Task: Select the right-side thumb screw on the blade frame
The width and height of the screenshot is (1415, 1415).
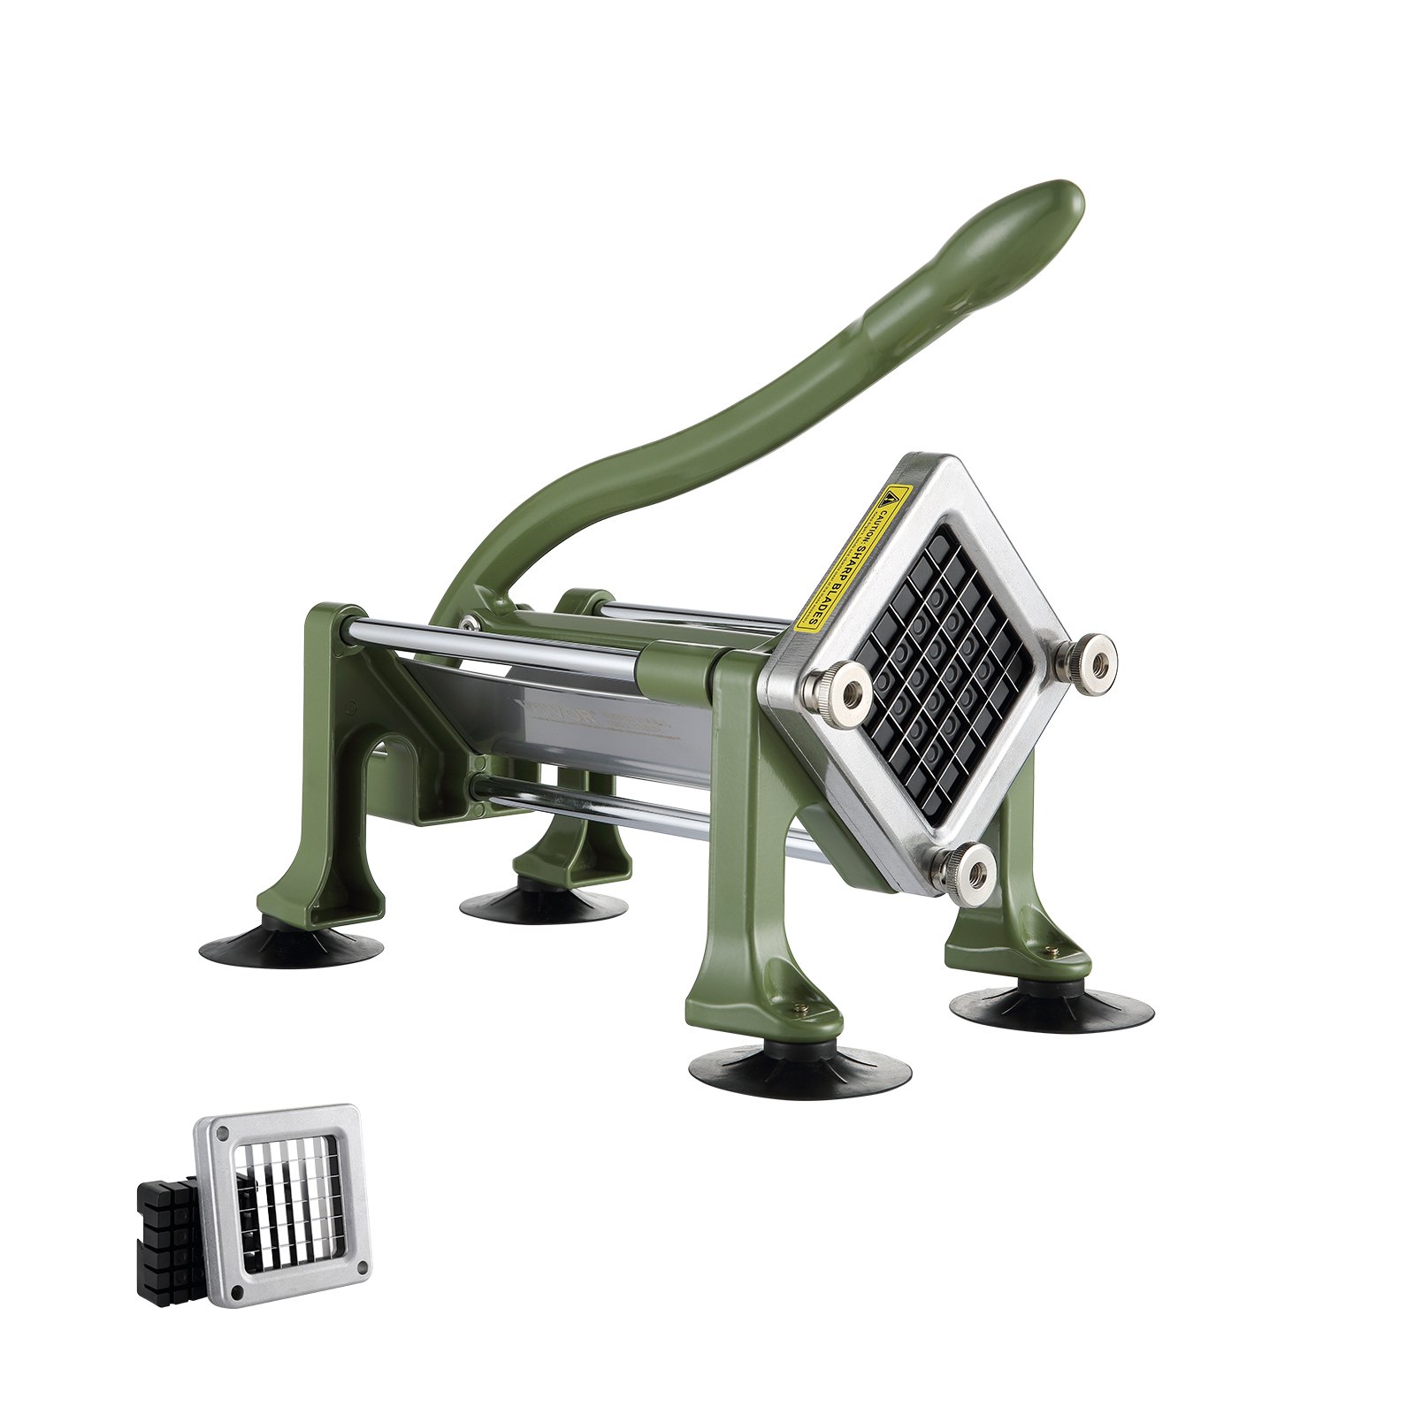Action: (x=1093, y=659)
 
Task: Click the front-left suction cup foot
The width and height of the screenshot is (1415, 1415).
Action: (x=799, y=1069)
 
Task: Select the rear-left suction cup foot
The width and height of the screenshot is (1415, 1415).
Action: (x=291, y=946)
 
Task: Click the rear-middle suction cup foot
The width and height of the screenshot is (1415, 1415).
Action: (x=543, y=902)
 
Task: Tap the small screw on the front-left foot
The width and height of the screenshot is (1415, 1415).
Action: (x=801, y=1007)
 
